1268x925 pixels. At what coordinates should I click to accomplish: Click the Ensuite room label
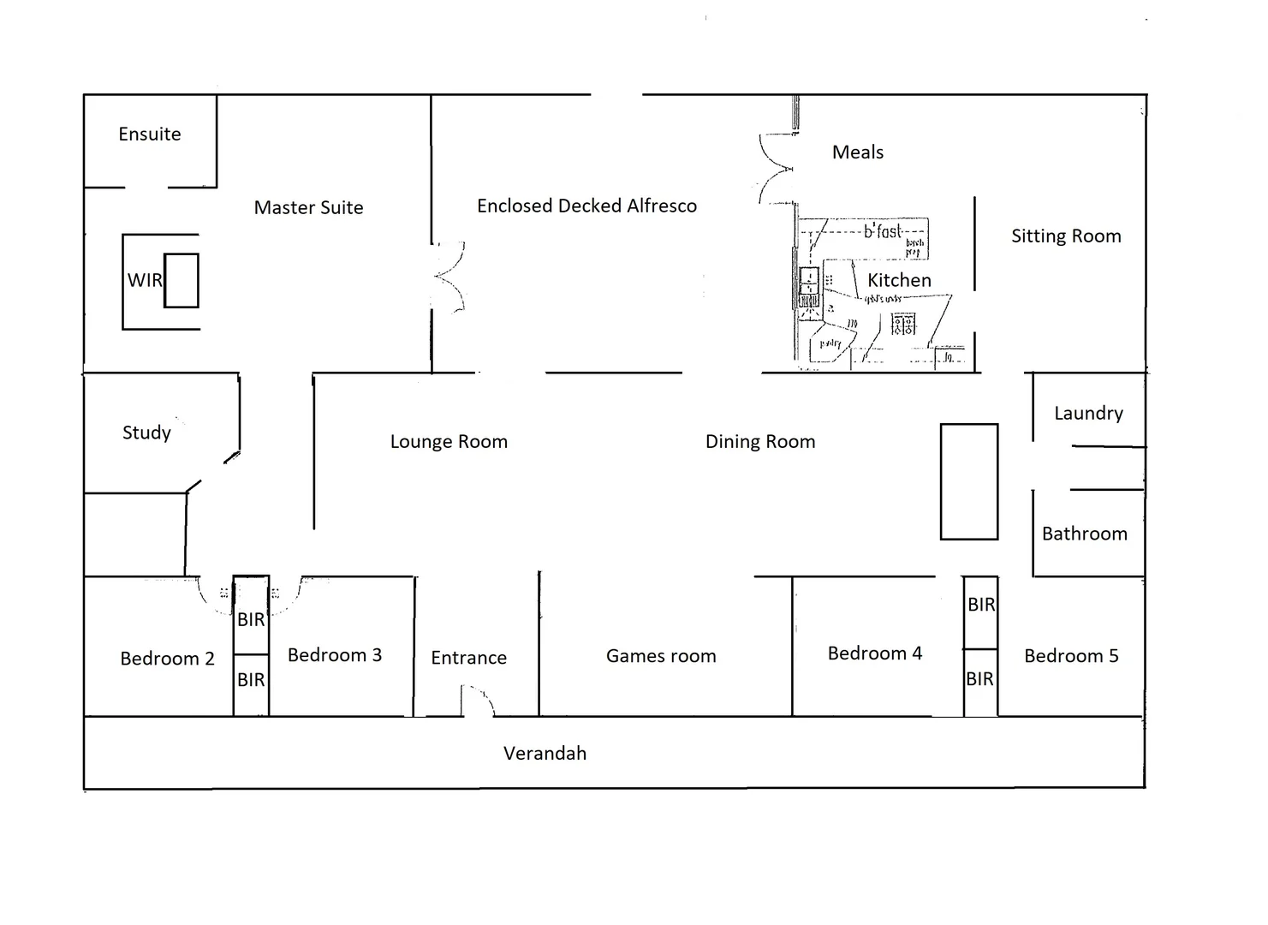(x=150, y=134)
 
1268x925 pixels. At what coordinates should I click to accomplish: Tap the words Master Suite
(x=308, y=207)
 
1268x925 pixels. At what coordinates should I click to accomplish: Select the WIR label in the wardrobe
(x=144, y=280)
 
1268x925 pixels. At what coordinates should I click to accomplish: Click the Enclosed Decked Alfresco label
(x=586, y=206)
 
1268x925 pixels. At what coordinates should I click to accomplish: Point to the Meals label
(x=857, y=152)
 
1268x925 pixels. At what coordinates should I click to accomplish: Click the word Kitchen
(x=899, y=280)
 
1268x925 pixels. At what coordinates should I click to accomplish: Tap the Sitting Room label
(x=1066, y=236)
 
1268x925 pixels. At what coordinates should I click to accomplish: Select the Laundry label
(x=1088, y=414)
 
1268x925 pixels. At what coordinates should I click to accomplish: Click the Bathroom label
(x=1084, y=534)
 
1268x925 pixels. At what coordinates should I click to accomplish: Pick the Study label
(x=146, y=433)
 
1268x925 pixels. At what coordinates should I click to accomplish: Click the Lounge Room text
(x=449, y=442)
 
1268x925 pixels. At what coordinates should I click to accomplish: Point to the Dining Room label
(x=760, y=442)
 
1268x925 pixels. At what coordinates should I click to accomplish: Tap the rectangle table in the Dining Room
(x=969, y=481)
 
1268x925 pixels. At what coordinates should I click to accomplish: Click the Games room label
(x=661, y=656)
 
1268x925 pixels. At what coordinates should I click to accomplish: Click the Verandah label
(x=545, y=754)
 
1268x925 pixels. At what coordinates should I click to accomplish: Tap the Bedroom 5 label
(x=1071, y=656)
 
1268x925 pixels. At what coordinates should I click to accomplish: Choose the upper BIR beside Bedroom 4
(x=981, y=605)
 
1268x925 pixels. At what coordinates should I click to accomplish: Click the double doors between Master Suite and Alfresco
(x=448, y=277)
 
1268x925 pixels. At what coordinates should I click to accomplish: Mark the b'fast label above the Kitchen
(x=882, y=231)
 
